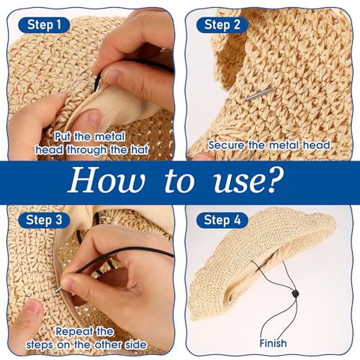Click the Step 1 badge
(x=44, y=25)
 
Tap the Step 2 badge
(x=222, y=25)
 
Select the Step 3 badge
(x=44, y=220)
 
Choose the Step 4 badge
(x=222, y=220)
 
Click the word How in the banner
(x=107, y=180)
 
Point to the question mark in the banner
(x=274, y=179)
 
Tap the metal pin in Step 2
(x=260, y=94)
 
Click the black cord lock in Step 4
(x=295, y=294)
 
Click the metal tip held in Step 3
(x=58, y=290)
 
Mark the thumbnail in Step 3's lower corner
(x=33, y=307)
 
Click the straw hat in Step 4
(x=261, y=264)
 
